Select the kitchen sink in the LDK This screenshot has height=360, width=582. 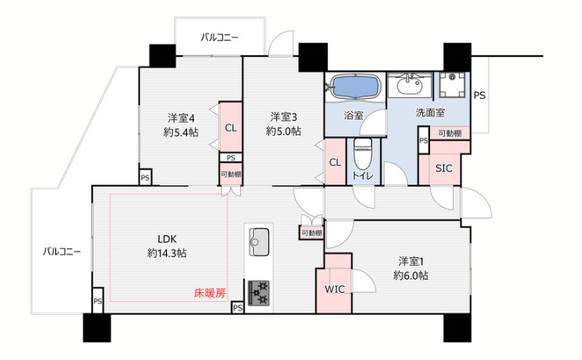(259, 239)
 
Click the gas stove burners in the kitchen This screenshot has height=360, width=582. (259, 291)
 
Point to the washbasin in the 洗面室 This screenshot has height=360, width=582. (407, 84)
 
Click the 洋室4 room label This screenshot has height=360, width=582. (180, 118)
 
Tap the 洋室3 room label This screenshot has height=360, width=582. (284, 117)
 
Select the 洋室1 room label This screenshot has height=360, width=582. (411, 261)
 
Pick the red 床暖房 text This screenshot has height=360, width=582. (210, 294)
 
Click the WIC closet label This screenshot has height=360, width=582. (335, 289)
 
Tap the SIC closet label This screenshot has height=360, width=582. (443, 168)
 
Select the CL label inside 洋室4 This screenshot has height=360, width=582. (231, 128)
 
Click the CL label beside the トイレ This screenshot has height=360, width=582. (334, 162)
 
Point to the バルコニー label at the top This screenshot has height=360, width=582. (220, 37)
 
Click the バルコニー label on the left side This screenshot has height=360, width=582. (62, 251)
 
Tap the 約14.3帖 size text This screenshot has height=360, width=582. (167, 253)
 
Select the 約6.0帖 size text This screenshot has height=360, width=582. (410, 275)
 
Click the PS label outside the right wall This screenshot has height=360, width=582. (480, 95)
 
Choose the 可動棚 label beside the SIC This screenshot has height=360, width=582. (449, 134)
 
